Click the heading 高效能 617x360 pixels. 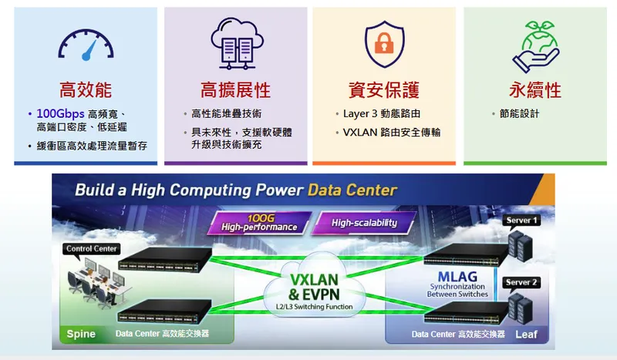[x=86, y=90]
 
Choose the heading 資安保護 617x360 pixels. [x=384, y=90]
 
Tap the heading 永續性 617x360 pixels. [x=534, y=90]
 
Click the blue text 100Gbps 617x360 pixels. [x=60, y=114]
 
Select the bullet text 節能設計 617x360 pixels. [x=519, y=114]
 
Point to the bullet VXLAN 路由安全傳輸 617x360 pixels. [x=392, y=133]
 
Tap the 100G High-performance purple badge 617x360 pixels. [x=259, y=222]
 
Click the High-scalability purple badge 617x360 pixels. [x=364, y=223]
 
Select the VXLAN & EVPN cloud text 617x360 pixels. [x=313, y=286]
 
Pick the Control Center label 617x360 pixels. [x=92, y=249]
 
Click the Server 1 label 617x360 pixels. [x=522, y=220]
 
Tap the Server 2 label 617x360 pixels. [x=522, y=282]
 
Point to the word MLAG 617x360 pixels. [x=457, y=276]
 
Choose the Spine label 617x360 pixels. [x=81, y=334]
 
